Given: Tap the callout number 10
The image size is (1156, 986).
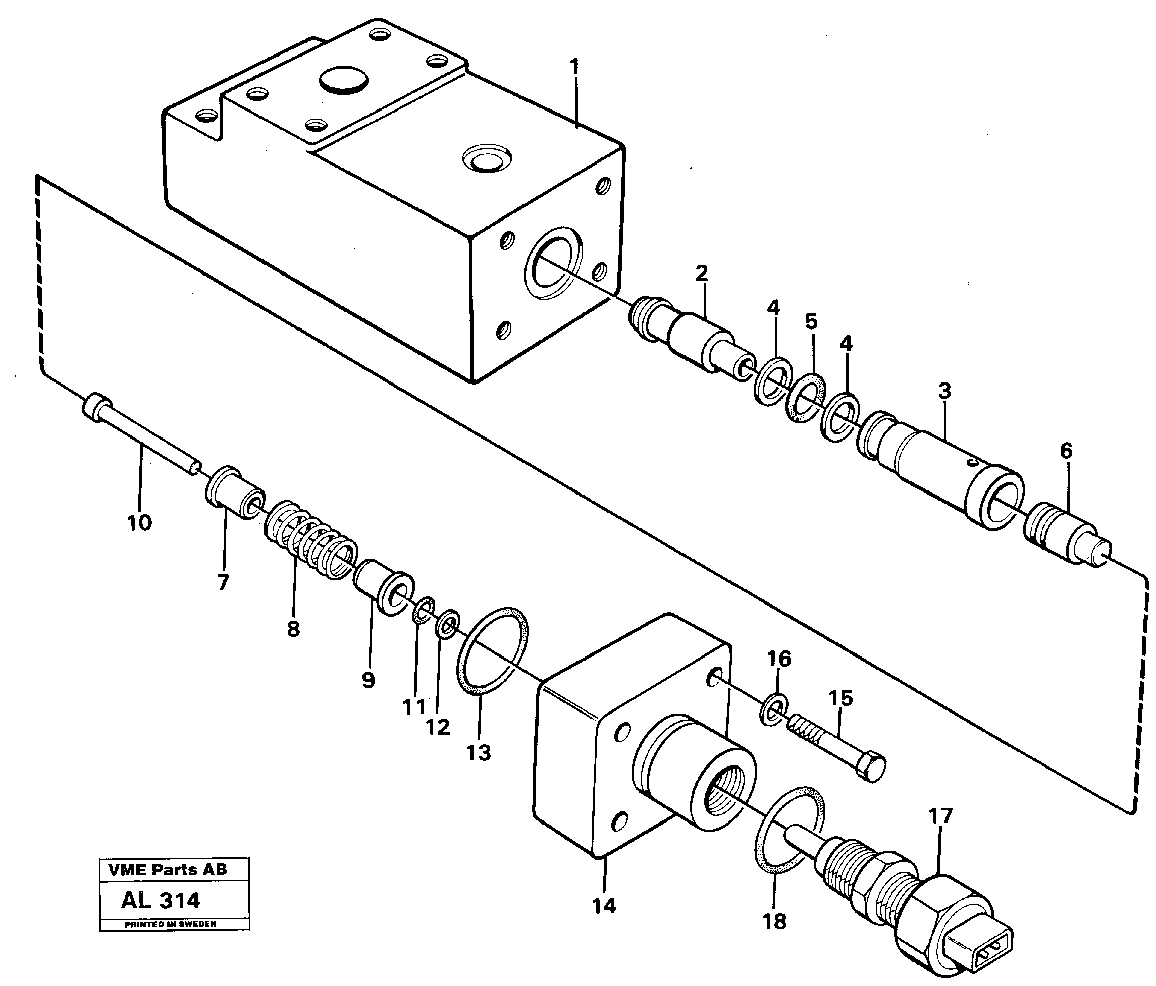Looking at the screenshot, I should (139, 523).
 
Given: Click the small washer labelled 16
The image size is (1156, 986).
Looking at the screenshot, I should (774, 709).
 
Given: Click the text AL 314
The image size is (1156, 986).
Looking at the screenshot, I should (160, 901).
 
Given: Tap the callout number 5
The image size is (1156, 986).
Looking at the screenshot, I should (811, 322).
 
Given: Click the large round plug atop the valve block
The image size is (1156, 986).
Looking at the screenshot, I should (343, 81).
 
